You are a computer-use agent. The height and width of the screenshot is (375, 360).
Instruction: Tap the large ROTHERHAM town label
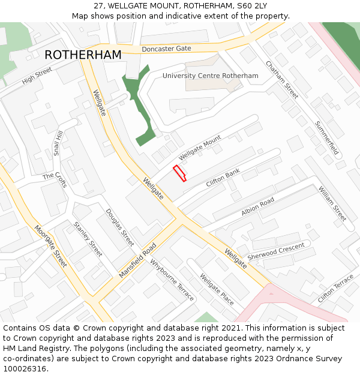click(83, 55)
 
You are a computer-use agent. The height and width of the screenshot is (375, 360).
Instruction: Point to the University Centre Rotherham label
click(210, 76)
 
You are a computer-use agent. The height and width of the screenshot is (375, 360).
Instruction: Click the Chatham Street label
click(282, 80)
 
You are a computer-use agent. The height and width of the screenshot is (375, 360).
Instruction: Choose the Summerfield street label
click(327, 139)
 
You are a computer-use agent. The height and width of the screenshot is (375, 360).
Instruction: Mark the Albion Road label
click(257, 206)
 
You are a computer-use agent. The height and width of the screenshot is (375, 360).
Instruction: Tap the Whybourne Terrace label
click(172, 280)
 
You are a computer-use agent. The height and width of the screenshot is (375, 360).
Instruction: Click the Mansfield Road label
click(137, 260)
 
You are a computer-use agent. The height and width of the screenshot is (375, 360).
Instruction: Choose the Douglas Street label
click(120, 227)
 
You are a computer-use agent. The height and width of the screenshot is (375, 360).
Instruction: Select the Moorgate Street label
click(50, 246)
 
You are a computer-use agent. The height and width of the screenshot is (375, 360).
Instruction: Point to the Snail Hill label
click(58, 143)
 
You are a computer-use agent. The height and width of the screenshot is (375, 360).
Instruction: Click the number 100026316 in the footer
click(25, 368)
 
